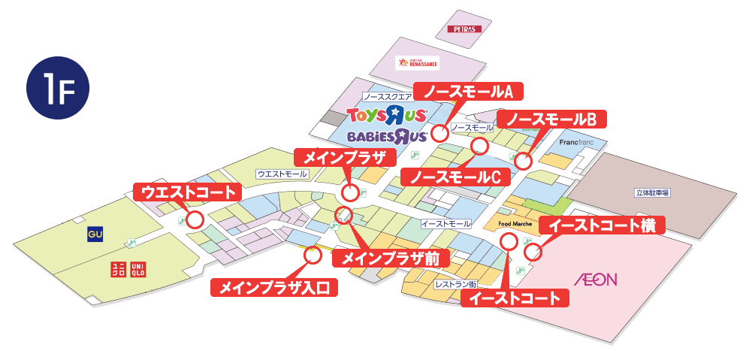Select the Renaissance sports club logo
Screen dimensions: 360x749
click(418, 63)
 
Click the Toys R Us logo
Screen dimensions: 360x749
click(387, 115)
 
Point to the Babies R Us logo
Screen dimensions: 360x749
click(388, 136)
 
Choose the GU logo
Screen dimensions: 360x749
click(95, 234)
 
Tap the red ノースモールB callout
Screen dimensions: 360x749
click(552, 119)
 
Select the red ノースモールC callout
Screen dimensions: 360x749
click(456, 177)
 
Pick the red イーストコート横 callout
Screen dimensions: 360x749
click(603, 225)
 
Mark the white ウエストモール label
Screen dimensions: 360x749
click(282, 174)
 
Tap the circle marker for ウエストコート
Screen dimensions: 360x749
click(195, 220)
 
